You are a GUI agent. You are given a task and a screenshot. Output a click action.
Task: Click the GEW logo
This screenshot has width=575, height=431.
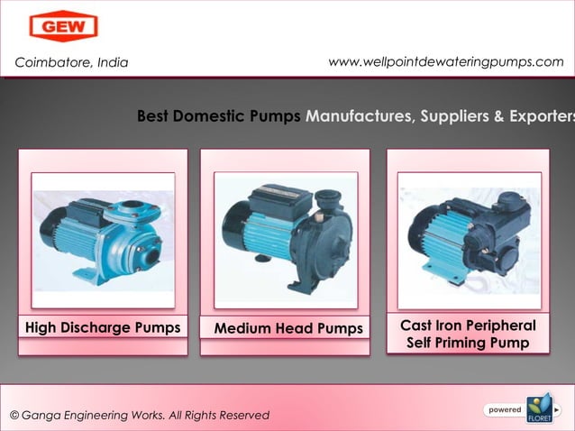click(63, 26)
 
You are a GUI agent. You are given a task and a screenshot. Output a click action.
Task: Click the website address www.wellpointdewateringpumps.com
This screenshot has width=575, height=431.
click(446, 61)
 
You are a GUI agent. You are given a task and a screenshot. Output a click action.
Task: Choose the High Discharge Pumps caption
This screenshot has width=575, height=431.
click(102, 327)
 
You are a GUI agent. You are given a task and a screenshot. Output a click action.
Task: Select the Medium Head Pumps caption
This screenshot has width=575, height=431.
click(287, 328)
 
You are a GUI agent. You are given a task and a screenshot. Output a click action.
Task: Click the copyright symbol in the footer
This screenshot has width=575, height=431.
click(14, 415)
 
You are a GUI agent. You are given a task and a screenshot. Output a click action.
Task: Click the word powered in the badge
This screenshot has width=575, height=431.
click(504, 410)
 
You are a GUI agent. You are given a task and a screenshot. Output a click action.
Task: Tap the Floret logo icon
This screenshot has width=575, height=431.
click(538, 407)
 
